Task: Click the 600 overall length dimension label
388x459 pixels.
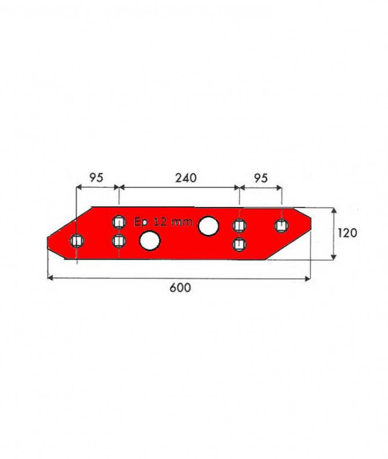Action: [x=180, y=288]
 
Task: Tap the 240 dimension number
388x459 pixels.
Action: [x=186, y=178]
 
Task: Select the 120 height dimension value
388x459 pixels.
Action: [x=347, y=233]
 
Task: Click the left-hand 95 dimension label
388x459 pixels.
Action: [x=96, y=178]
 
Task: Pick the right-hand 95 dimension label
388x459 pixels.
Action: [x=261, y=178]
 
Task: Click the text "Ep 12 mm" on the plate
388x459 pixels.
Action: [x=163, y=222]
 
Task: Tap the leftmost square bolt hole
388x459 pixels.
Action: [x=77, y=241]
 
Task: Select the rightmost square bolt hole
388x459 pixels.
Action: [x=281, y=225]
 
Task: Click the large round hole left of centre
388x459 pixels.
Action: [x=150, y=241]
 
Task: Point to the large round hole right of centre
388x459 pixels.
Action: [x=208, y=226]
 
